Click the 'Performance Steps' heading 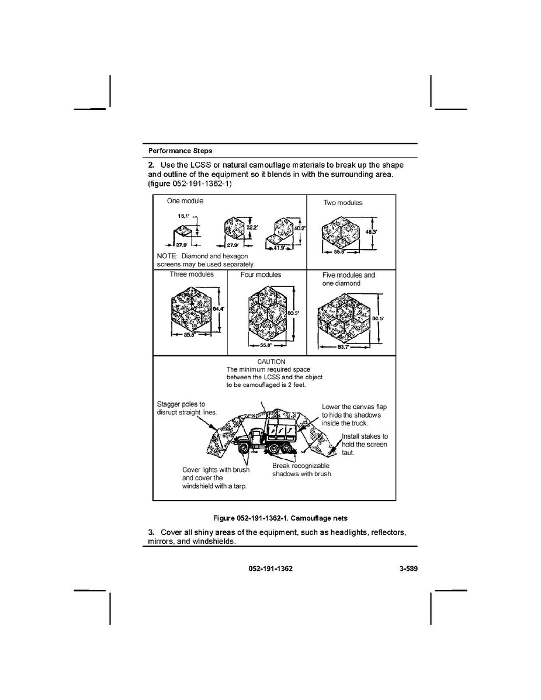[x=180, y=151]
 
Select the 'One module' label [x=185, y=201]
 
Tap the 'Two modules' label [x=343, y=203]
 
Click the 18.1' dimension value [x=183, y=216]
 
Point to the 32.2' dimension [x=252, y=227]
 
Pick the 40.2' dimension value [x=300, y=228]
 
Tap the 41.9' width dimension [x=279, y=248]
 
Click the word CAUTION [x=271, y=362]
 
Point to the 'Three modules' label [x=192, y=275]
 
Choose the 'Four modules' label [x=261, y=275]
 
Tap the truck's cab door [x=257, y=436]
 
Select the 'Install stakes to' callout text [x=365, y=436]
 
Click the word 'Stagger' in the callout [x=168, y=404]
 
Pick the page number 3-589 [x=408, y=569]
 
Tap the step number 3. [x=151, y=532]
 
